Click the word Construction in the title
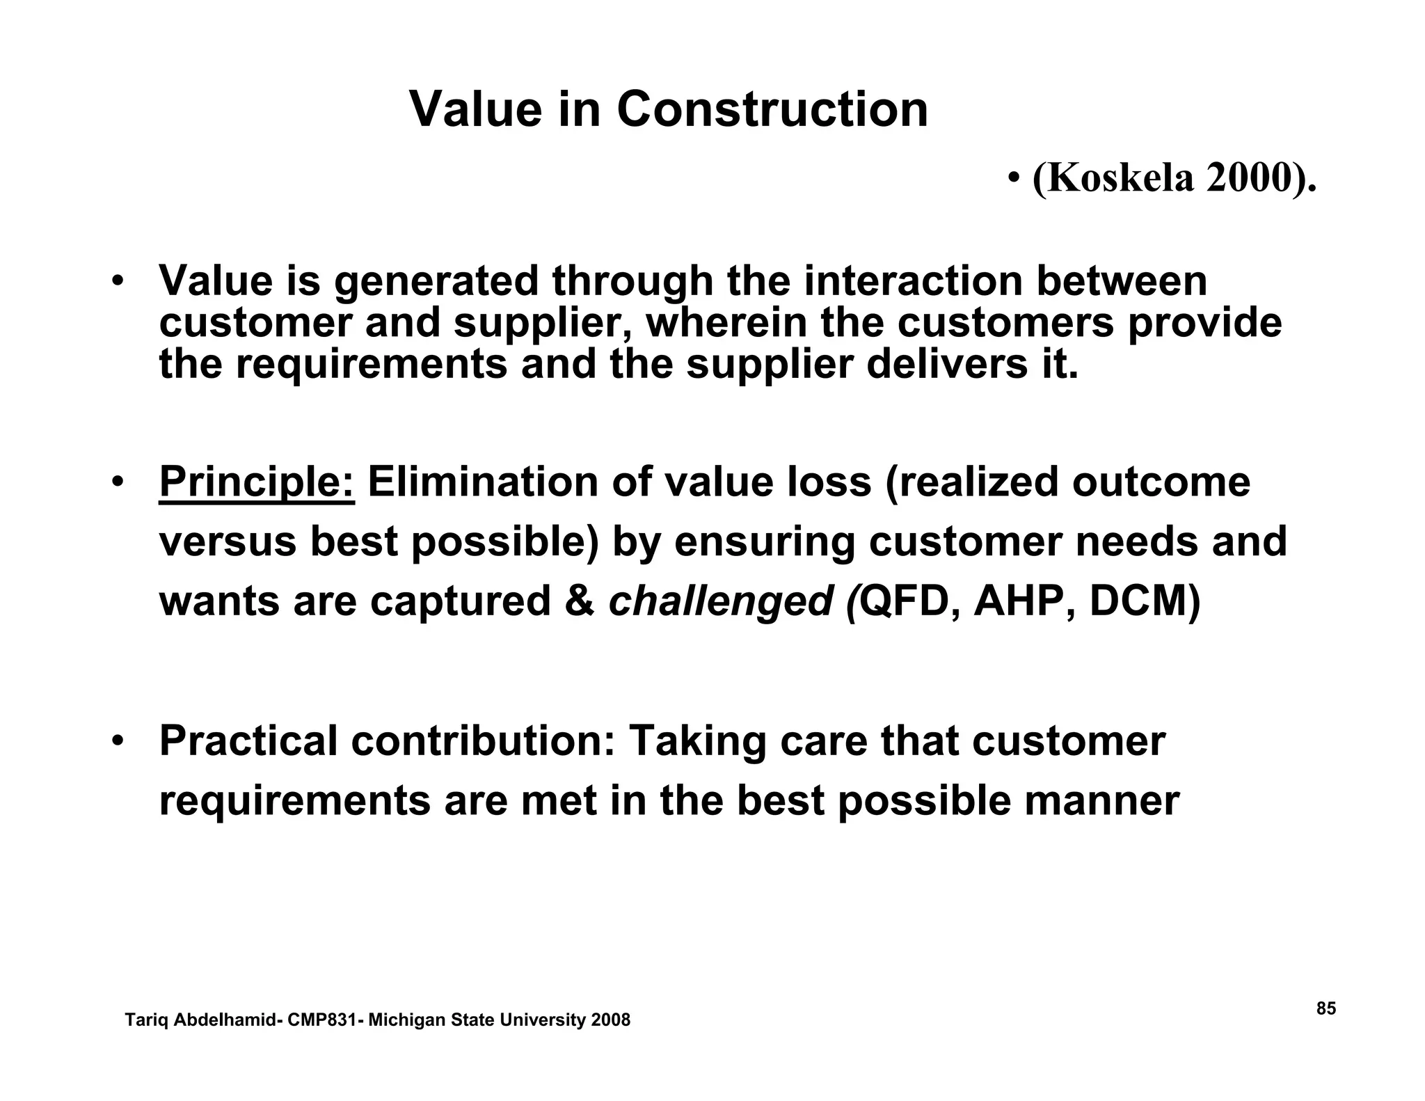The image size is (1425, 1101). (x=772, y=109)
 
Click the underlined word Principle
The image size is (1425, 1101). (x=257, y=482)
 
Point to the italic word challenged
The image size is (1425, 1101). (x=720, y=601)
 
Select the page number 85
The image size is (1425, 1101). (x=1326, y=1008)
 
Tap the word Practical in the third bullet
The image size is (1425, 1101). (x=248, y=740)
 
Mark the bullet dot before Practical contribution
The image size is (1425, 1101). (x=119, y=739)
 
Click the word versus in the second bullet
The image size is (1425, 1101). (x=228, y=541)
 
